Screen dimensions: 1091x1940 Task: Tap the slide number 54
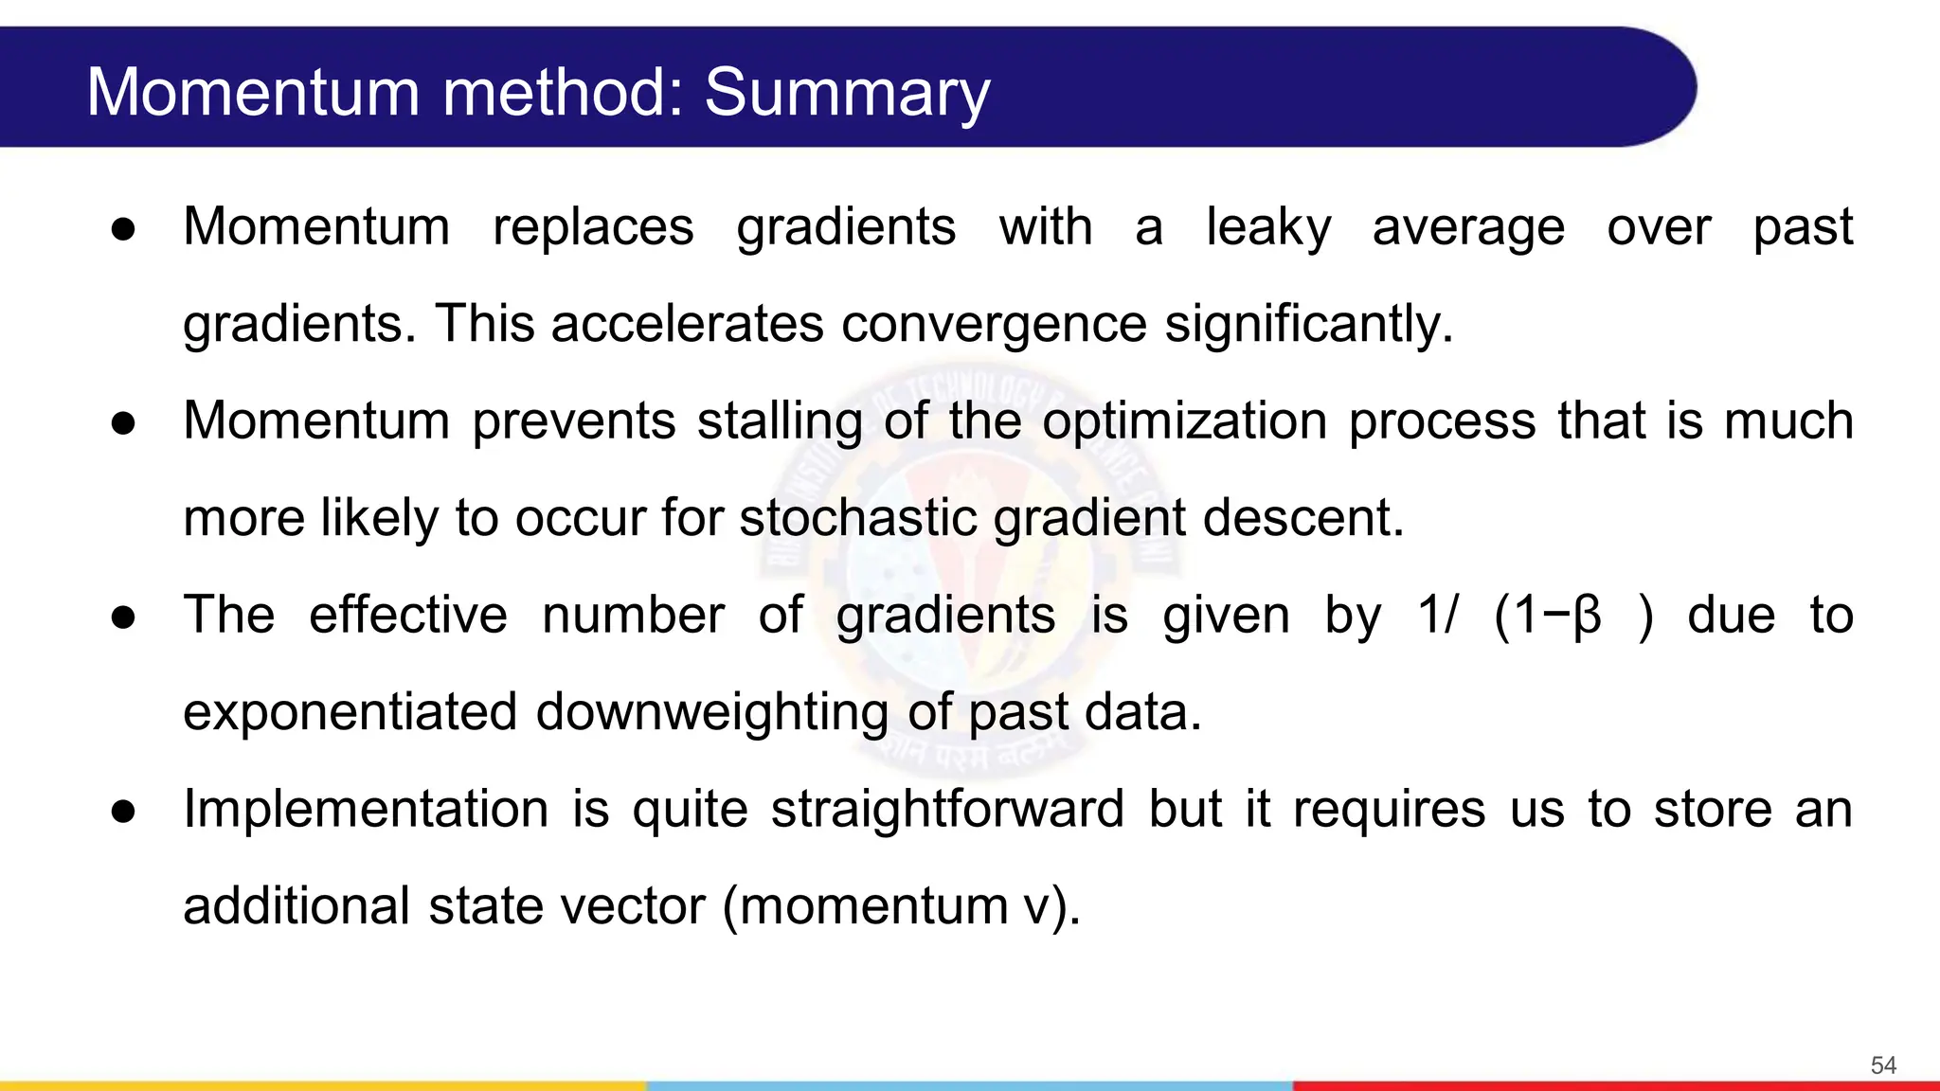coord(1883,1065)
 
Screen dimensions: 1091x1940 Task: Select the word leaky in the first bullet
coord(1267,228)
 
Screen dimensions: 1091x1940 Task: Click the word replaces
coord(593,228)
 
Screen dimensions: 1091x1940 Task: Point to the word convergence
coord(994,324)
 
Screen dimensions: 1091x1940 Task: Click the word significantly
coord(1307,324)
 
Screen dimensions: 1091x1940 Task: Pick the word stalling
coord(780,421)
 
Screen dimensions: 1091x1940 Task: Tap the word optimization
coord(1184,421)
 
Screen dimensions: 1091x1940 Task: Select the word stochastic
coord(857,518)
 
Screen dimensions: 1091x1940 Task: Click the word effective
coord(408,616)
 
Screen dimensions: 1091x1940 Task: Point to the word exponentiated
coord(350,713)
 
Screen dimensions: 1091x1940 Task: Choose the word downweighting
coord(712,713)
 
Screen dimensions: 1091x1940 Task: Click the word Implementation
coord(366,811)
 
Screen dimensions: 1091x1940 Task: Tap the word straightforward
coord(946,811)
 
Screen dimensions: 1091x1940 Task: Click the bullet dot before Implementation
coord(123,812)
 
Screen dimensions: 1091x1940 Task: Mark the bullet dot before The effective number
coord(123,617)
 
